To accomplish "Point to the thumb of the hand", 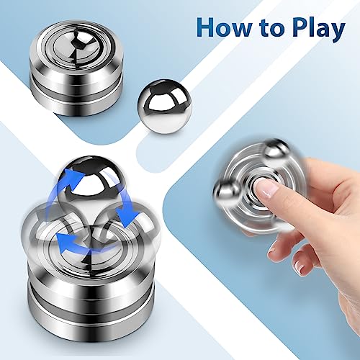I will click(280, 244).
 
